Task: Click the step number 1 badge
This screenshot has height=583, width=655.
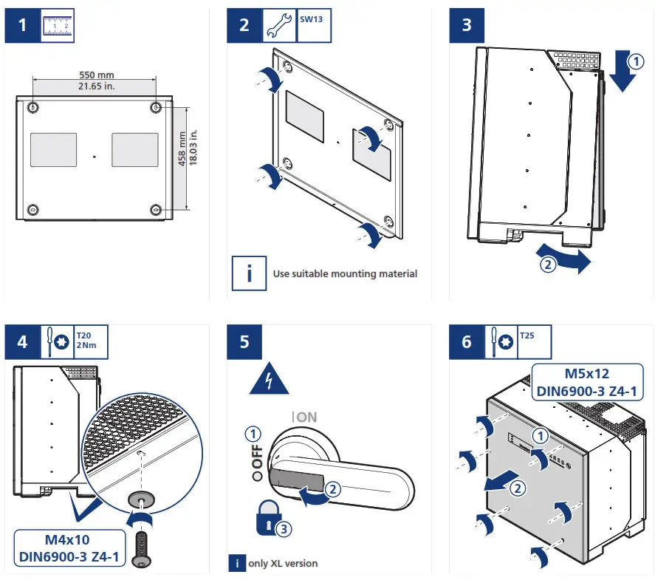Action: pyautogui.click(x=22, y=26)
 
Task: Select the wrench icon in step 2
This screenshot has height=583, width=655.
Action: pyautogui.click(x=278, y=25)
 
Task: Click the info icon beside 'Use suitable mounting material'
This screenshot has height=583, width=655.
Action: pyautogui.click(x=250, y=273)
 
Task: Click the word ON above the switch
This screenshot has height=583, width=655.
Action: pyautogui.click(x=306, y=417)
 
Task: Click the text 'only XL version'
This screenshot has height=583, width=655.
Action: pyautogui.click(x=284, y=563)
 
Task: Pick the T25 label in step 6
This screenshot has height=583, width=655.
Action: pyautogui.click(x=527, y=335)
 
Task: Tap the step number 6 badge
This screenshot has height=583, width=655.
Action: pyautogui.click(x=466, y=343)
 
